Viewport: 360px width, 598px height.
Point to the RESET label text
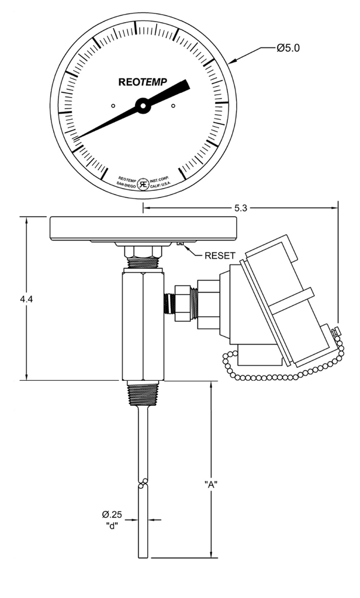[x=220, y=255]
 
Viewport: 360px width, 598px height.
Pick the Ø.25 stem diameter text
[x=112, y=514]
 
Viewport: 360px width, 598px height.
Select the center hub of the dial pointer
[x=143, y=106]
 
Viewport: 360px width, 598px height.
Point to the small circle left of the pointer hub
[x=113, y=106]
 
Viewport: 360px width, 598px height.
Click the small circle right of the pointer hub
[x=174, y=106]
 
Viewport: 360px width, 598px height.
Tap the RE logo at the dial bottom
[x=143, y=181]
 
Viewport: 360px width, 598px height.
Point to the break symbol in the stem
[x=143, y=484]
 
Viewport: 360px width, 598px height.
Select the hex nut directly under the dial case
[x=143, y=251]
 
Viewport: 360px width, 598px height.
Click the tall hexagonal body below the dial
[x=143, y=324]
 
